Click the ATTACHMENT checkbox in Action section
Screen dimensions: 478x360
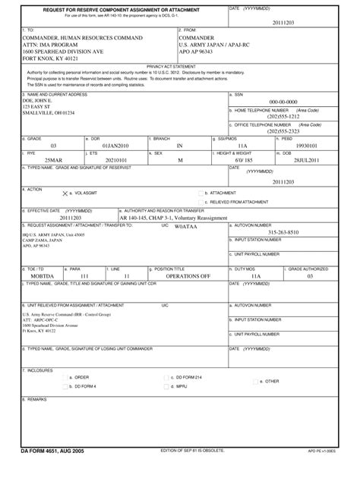tap(200, 193)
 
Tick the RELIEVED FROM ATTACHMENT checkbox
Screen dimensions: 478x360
tap(200, 202)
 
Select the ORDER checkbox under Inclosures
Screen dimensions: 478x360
tap(65, 398)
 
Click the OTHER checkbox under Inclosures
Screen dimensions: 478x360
tap(259, 402)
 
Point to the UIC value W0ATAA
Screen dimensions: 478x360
tap(185, 226)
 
